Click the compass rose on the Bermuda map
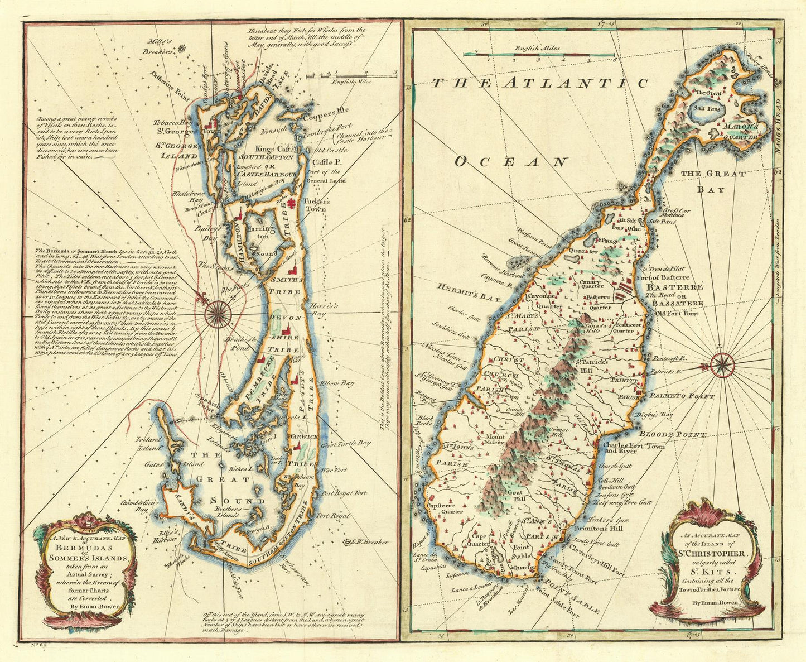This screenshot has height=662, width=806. [x=219, y=313]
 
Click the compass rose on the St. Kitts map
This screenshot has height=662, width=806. [x=723, y=366]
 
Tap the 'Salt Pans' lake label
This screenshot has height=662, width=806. [x=703, y=110]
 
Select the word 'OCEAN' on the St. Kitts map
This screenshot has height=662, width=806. [x=510, y=162]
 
